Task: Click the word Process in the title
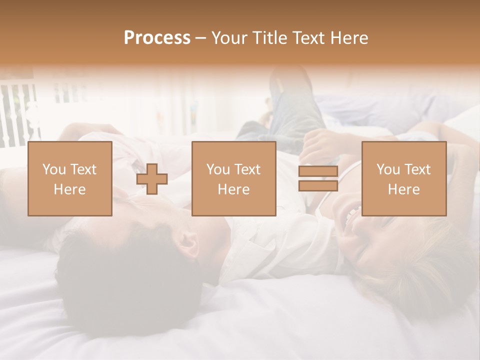(x=157, y=38)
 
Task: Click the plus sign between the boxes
(x=152, y=178)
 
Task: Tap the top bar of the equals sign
(x=318, y=171)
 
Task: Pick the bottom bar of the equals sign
(x=318, y=185)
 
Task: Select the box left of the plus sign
(x=69, y=178)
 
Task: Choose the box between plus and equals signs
(x=233, y=178)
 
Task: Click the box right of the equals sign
(x=403, y=178)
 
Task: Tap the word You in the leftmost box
(x=53, y=169)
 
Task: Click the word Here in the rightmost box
(x=403, y=189)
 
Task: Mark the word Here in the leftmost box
(x=69, y=189)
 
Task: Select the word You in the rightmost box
(x=387, y=169)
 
